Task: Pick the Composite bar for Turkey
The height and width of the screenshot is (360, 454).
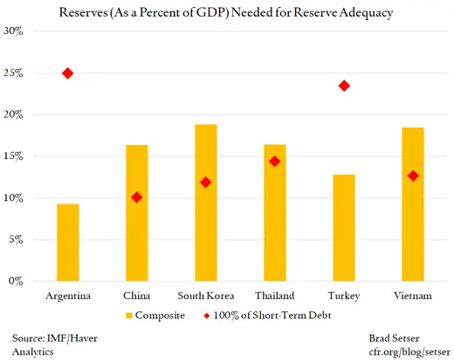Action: point(344,227)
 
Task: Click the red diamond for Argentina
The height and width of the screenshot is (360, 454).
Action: point(68,73)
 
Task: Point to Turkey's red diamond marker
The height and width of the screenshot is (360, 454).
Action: point(344,86)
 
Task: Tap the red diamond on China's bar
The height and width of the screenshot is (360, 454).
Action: point(137,197)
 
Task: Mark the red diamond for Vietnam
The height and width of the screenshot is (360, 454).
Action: point(413,176)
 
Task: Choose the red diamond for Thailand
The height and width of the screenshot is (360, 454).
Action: point(275,161)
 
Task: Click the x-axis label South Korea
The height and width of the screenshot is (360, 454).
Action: point(205,295)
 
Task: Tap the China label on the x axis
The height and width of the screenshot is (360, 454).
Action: point(137,295)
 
